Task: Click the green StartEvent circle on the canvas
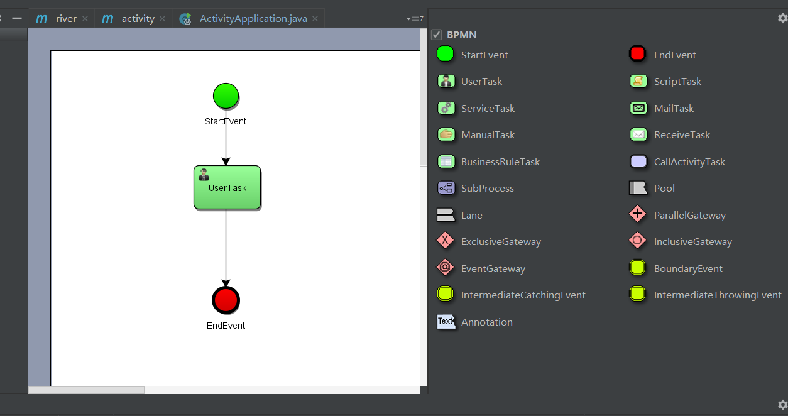(x=226, y=96)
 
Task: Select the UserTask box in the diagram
(x=227, y=187)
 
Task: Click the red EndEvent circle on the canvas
(x=226, y=300)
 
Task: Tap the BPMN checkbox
(x=436, y=35)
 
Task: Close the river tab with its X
(x=85, y=19)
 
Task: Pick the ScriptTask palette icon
(x=638, y=81)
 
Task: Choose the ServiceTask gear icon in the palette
(x=446, y=108)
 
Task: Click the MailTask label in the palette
(x=674, y=108)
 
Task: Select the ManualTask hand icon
(x=446, y=134)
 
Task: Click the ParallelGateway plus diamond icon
(x=637, y=214)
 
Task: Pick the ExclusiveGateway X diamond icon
(x=445, y=241)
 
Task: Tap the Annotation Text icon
(x=446, y=321)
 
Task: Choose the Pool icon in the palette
(x=638, y=188)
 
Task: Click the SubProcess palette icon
(x=446, y=188)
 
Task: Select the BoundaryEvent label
(x=688, y=269)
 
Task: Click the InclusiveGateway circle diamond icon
(x=637, y=241)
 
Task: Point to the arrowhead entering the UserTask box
(x=226, y=161)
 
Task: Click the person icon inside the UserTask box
(x=204, y=175)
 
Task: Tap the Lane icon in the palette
(x=446, y=215)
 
